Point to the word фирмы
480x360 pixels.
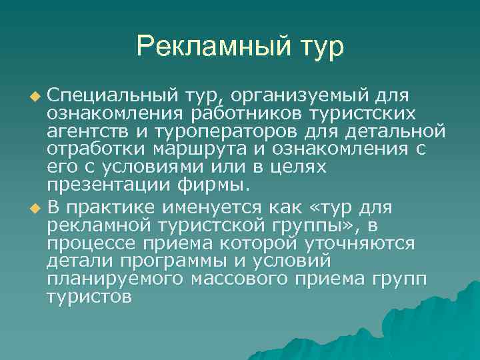coord(215,185)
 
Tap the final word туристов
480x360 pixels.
coord(89,297)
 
